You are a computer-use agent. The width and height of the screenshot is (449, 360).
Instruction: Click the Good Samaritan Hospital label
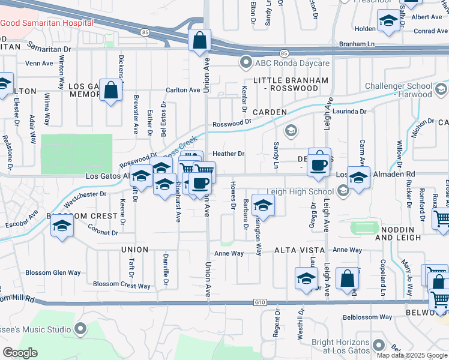click(x=47, y=22)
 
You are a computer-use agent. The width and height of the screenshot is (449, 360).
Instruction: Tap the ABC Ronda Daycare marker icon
click(x=245, y=63)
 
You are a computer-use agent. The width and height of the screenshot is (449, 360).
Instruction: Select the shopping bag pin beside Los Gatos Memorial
click(x=111, y=91)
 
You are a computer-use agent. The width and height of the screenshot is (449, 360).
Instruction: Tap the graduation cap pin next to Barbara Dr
click(x=263, y=206)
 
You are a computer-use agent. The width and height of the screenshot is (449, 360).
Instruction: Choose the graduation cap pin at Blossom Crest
click(x=62, y=227)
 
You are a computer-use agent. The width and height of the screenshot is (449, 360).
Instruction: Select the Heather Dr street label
click(x=228, y=154)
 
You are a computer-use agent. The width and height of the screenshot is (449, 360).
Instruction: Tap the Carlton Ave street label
click(x=183, y=90)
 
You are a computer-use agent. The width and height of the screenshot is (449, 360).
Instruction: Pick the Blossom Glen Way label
click(x=53, y=272)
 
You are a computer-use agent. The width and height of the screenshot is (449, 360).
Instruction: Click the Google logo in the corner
click(x=20, y=353)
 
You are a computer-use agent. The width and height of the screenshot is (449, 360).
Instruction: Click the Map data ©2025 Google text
click(x=411, y=355)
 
